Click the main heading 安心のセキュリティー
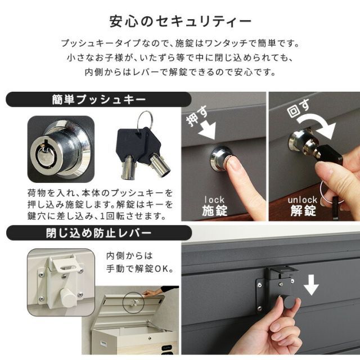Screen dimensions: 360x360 pyautogui.click(x=179, y=21)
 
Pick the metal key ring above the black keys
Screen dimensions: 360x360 pyautogui.click(x=145, y=119)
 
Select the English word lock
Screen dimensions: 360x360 pyautogui.click(x=214, y=199)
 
